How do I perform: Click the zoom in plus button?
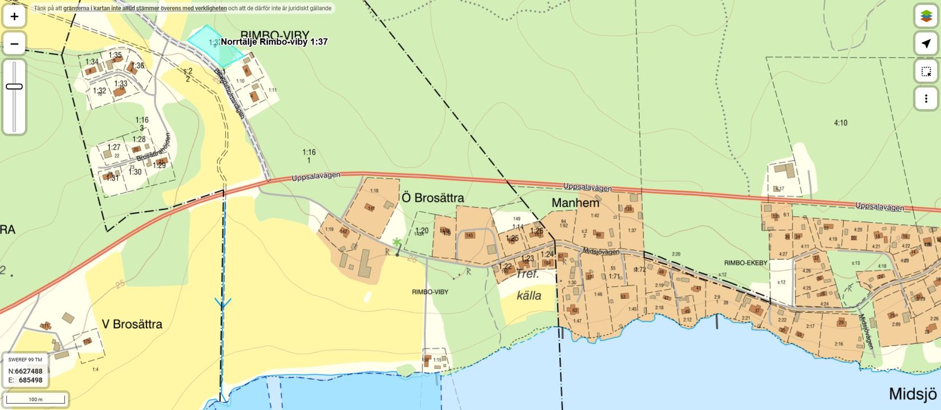14,17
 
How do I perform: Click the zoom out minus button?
14,44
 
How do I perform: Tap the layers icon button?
926,16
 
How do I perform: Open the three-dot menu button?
926,98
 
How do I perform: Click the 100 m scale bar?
35,399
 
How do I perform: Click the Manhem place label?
575,202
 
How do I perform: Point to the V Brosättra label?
132,324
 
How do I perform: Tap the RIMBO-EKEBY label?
745,263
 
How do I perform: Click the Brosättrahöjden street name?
154,152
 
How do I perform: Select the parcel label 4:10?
840,123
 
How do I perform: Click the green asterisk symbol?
396,242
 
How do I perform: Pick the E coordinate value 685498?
31,380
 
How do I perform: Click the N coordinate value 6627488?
29,371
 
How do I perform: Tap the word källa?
528,295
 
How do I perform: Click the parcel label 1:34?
92,62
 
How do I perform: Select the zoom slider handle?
14,87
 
